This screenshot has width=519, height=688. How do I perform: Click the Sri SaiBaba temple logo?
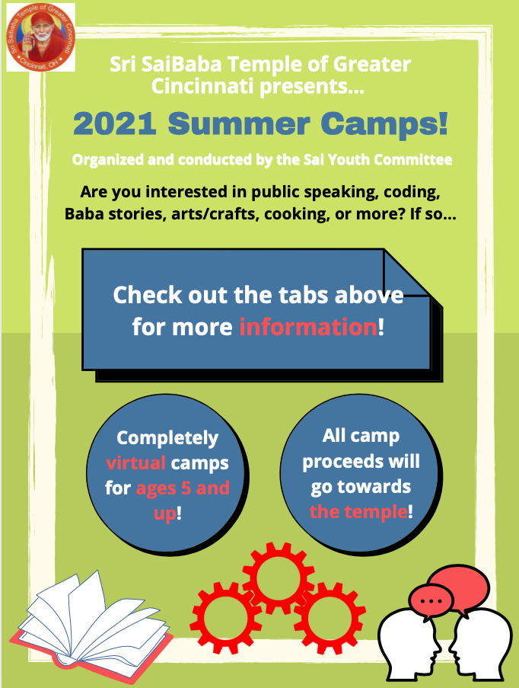click(x=41, y=37)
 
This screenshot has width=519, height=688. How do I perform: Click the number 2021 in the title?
click(x=115, y=124)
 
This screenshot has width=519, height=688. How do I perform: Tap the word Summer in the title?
click(x=239, y=124)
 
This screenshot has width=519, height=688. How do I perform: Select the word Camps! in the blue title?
click(x=384, y=125)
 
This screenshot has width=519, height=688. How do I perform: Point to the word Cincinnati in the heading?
click(x=202, y=85)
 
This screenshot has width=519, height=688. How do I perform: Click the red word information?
click(x=308, y=327)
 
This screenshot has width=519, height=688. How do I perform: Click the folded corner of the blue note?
click(x=406, y=273)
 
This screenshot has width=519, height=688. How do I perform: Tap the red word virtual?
click(x=136, y=463)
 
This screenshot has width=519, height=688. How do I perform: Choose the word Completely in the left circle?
click(x=167, y=438)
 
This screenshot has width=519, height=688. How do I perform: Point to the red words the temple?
click(x=358, y=511)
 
